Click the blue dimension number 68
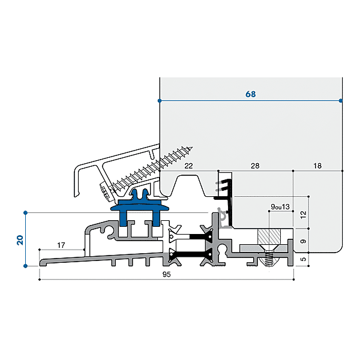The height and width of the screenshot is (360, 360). pyautogui.click(x=251, y=94)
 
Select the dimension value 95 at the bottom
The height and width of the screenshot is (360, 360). pyautogui.click(x=167, y=275)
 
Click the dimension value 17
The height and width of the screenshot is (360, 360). pyautogui.click(x=61, y=245)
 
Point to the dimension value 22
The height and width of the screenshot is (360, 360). pyautogui.click(x=188, y=165)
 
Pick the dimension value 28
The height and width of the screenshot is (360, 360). pyautogui.click(x=254, y=165)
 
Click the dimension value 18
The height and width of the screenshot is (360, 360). pyautogui.click(x=317, y=165)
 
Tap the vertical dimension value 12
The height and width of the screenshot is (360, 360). pyautogui.click(x=303, y=214)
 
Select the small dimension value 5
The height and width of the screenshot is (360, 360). pyautogui.click(x=303, y=260)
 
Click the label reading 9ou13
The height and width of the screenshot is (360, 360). pyautogui.click(x=280, y=207)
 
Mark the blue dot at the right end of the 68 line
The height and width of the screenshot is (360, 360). pyautogui.click(x=341, y=100)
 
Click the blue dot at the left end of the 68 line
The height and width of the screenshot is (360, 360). pyautogui.click(x=160, y=100)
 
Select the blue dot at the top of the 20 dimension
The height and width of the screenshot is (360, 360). pyautogui.click(x=26, y=212)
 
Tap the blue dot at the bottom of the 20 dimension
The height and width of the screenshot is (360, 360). pyautogui.click(x=26, y=266)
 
